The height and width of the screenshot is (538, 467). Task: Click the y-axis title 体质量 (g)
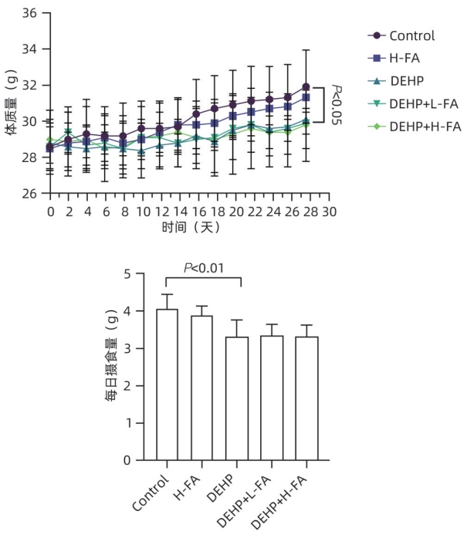(x=12, y=103)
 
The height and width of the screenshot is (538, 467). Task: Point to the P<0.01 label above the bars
(x=202, y=268)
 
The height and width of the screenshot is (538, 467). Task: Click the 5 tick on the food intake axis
(x=138, y=274)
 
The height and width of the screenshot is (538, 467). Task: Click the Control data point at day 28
(x=306, y=86)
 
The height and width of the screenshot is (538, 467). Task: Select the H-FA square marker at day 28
(x=306, y=97)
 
